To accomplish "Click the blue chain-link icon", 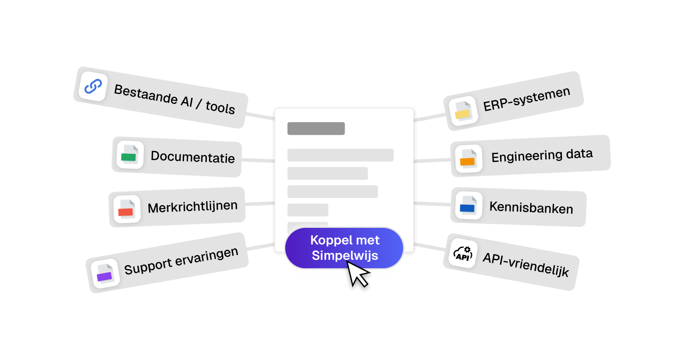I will pyautogui.click(x=93, y=86).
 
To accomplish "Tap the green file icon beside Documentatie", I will pyautogui.click(x=130, y=155).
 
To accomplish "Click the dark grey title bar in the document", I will pyautogui.click(x=316, y=129).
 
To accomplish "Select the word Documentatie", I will pyautogui.click(x=193, y=157).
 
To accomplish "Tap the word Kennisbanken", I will pyautogui.click(x=531, y=207).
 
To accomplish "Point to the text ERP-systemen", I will pyautogui.click(x=527, y=99).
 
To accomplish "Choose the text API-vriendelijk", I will pyautogui.click(x=526, y=264).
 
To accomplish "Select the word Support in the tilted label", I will pyautogui.click(x=148, y=266).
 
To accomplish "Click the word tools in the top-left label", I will pyautogui.click(x=220, y=107).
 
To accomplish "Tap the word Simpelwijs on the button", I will pyautogui.click(x=345, y=256).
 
